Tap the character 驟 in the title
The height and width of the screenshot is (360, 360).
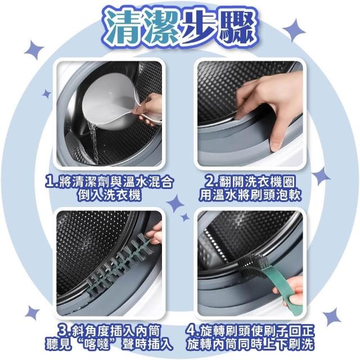tap(238, 27)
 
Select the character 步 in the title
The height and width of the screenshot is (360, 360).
tap(200, 27)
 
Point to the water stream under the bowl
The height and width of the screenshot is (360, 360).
tap(94, 142)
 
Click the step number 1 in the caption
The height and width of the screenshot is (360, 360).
tap(50, 181)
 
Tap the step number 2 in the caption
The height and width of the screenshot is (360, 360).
tap(210, 181)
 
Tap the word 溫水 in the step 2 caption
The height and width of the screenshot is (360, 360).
tap(221, 195)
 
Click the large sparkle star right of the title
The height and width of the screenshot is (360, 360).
tap(294, 30)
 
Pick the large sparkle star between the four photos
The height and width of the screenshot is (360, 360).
tap(175, 203)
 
